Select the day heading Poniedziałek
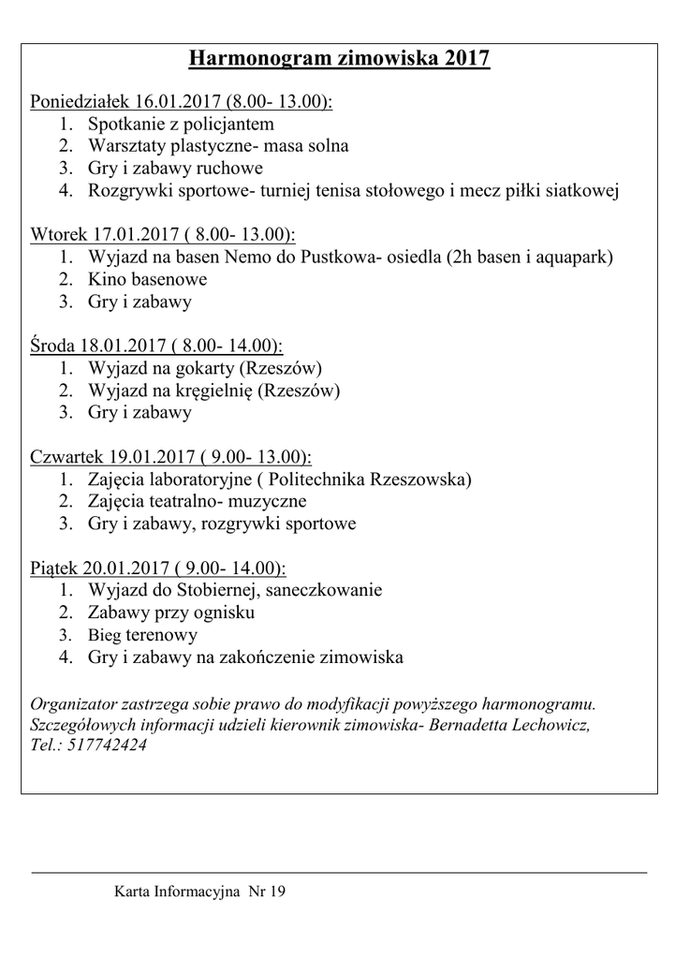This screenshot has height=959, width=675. (x=81, y=101)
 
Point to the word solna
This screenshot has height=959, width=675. (x=328, y=146)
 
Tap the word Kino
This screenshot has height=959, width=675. (x=106, y=280)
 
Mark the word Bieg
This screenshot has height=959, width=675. (x=105, y=636)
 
